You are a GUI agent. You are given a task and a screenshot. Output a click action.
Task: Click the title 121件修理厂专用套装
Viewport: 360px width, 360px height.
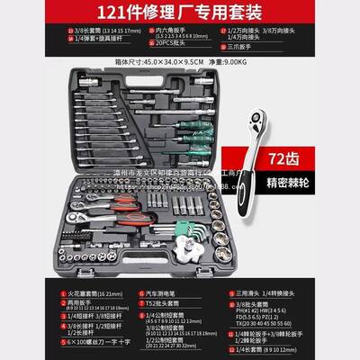tap(180, 13)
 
